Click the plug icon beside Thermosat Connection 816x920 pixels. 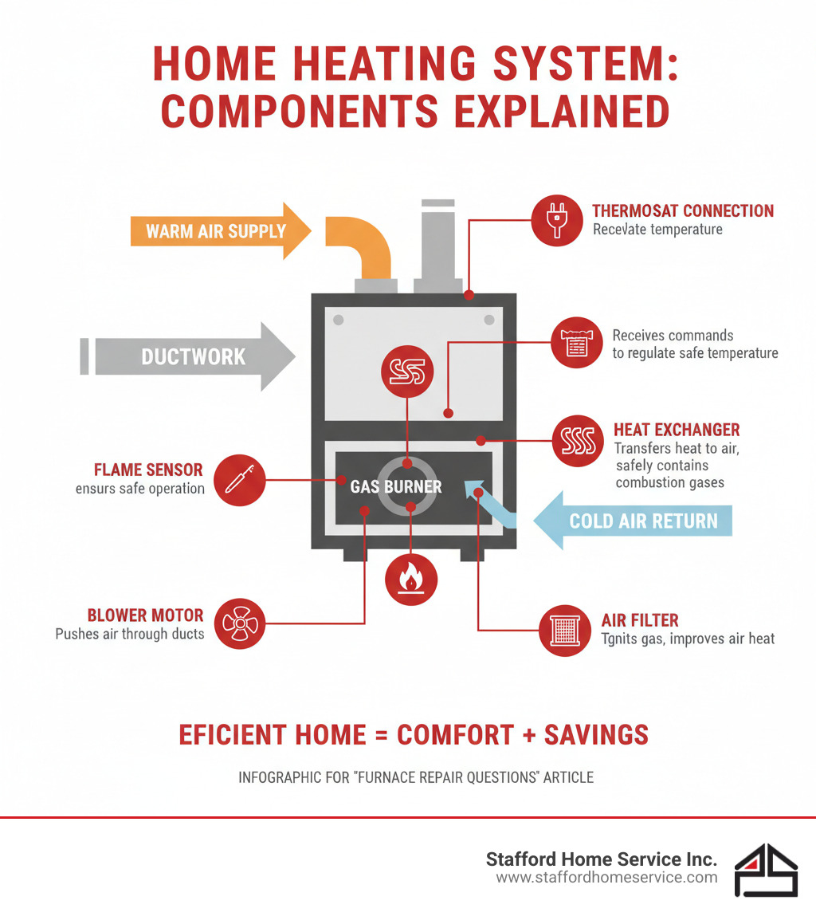click(557, 219)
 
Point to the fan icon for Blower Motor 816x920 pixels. click(240, 623)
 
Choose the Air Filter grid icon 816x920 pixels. click(566, 629)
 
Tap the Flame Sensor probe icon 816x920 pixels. click(239, 480)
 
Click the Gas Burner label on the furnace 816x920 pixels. click(395, 486)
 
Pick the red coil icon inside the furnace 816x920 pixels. click(407, 372)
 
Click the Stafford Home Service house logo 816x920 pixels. click(765, 870)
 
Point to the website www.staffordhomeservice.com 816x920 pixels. click(606, 878)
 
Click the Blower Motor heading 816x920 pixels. click(145, 615)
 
